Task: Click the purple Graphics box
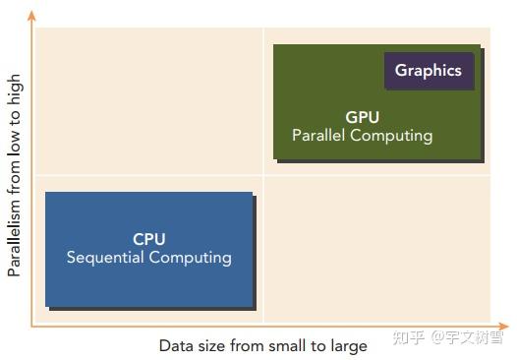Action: [x=428, y=71]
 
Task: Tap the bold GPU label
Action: [x=362, y=117]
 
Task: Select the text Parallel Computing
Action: [x=362, y=136]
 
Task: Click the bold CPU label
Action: [x=149, y=239]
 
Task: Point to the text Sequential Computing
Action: [x=149, y=258]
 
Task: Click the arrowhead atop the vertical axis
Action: [x=31, y=16]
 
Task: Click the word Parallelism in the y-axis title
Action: [x=15, y=234]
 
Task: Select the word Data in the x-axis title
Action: [x=176, y=346]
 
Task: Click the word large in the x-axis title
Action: [x=349, y=346]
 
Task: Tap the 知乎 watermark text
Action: [x=409, y=338]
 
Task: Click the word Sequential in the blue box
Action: [x=105, y=258]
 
